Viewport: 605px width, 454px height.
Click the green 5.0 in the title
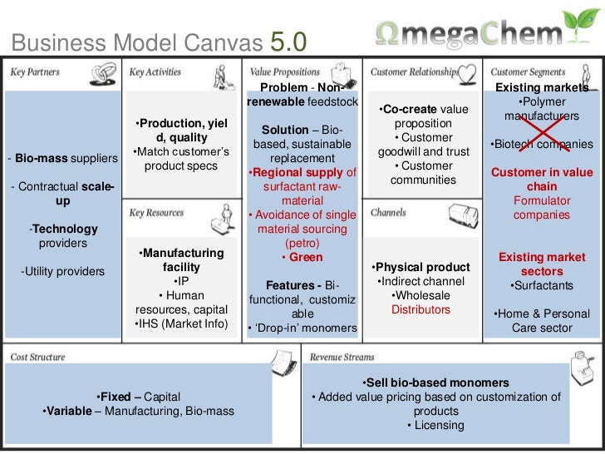(288, 42)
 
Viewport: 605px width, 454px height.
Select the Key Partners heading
(35, 72)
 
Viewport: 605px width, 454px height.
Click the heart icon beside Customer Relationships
(467, 74)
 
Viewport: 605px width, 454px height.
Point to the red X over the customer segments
(544, 133)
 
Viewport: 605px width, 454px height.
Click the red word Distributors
(421, 309)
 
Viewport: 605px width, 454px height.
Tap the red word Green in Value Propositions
(306, 257)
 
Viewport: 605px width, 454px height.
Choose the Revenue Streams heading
(342, 357)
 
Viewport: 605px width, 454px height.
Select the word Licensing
(439, 425)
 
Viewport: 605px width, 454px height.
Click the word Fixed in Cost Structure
(116, 397)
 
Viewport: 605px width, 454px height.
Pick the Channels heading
(388, 213)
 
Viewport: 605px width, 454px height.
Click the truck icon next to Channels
(464, 215)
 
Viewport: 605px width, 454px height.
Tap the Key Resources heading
(156, 213)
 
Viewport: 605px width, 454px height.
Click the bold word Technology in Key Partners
(65, 229)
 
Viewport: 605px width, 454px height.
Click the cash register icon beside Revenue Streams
(582, 368)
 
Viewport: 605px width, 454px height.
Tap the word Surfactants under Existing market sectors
(544, 285)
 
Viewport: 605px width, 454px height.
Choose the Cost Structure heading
(37, 357)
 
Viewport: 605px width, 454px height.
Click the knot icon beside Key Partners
(103, 74)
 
